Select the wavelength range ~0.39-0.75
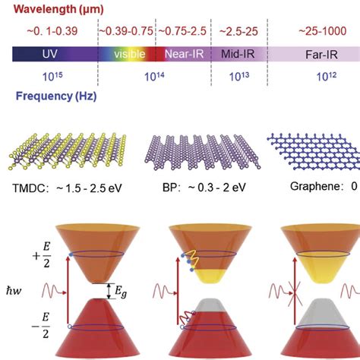(126, 33)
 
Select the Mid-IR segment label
(238, 55)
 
